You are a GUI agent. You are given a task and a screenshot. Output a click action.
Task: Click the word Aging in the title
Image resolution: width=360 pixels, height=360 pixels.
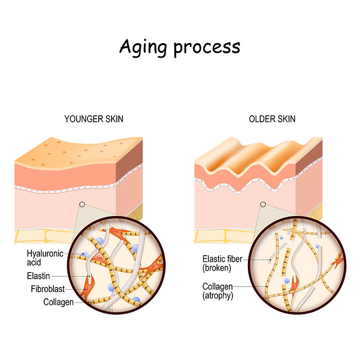(x=143, y=48)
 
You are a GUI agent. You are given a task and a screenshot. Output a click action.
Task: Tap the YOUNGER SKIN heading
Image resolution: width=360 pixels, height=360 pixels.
(x=94, y=119)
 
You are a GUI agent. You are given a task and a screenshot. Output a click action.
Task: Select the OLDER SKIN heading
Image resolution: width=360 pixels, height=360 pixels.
(x=272, y=119)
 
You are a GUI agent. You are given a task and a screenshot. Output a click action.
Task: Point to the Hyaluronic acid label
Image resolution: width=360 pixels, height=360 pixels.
(x=45, y=258)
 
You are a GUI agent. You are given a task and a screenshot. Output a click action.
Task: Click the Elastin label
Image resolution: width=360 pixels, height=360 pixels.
(x=39, y=276)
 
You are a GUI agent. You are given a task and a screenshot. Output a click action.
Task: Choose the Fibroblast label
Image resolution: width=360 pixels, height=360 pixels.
(x=48, y=289)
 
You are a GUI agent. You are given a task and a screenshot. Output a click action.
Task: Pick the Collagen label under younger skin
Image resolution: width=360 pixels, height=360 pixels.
(x=58, y=302)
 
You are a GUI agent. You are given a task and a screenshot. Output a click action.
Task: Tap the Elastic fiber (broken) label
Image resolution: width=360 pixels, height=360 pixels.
(x=222, y=263)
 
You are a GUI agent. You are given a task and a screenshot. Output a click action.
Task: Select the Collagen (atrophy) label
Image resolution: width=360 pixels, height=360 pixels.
(x=218, y=291)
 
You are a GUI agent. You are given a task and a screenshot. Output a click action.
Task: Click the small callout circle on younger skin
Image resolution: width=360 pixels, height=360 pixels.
(x=82, y=204)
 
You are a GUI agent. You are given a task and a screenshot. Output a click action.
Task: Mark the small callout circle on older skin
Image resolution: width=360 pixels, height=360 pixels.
(x=263, y=204)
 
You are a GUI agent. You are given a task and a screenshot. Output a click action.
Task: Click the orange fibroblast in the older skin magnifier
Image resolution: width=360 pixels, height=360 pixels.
(x=294, y=285)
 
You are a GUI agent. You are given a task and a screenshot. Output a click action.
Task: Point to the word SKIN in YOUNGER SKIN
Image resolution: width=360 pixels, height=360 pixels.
(x=114, y=119)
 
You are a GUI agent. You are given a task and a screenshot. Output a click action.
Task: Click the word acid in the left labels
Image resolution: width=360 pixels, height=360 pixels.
(x=34, y=262)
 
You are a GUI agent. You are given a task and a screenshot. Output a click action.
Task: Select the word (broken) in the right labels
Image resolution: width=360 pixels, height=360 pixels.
(x=217, y=268)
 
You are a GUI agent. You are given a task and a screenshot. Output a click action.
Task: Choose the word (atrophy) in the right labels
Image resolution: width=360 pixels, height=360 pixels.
(x=218, y=296)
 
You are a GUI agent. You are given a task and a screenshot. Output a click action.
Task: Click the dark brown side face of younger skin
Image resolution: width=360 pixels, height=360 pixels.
(x=129, y=160)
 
